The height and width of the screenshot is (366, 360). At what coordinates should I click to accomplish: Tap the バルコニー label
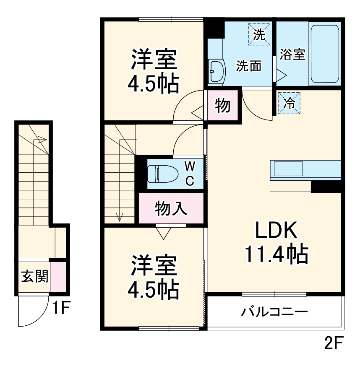(274, 312)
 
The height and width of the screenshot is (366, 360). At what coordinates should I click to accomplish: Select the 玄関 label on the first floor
(34, 276)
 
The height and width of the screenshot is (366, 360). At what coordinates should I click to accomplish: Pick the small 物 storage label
(222, 106)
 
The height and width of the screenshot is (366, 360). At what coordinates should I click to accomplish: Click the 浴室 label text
(292, 55)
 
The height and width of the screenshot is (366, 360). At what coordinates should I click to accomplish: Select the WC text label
(190, 174)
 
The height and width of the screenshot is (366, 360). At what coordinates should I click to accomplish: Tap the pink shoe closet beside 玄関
(58, 276)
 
